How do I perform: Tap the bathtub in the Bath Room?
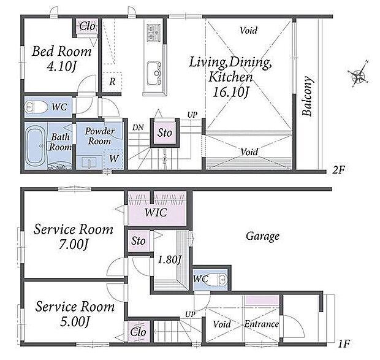tap(36, 146)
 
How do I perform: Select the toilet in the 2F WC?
tap(36, 107)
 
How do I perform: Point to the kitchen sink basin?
tap(154, 73)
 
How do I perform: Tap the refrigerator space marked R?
tap(112, 82)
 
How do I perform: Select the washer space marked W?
tap(113, 159)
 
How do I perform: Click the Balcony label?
tap(307, 96)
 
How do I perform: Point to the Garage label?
tap(263, 236)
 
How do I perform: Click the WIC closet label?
tap(156, 213)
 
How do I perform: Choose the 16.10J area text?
tap(231, 92)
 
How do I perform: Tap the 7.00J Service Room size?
tap(74, 244)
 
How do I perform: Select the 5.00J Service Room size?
tap(75, 322)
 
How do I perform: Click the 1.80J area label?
tap(169, 260)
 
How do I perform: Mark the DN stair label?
tap(138, 128)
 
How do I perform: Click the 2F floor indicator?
tap(338, 170)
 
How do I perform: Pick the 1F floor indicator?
tap(344, 343)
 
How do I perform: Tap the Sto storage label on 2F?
tap(165, 132)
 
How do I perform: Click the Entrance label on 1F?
tap(261, 324)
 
